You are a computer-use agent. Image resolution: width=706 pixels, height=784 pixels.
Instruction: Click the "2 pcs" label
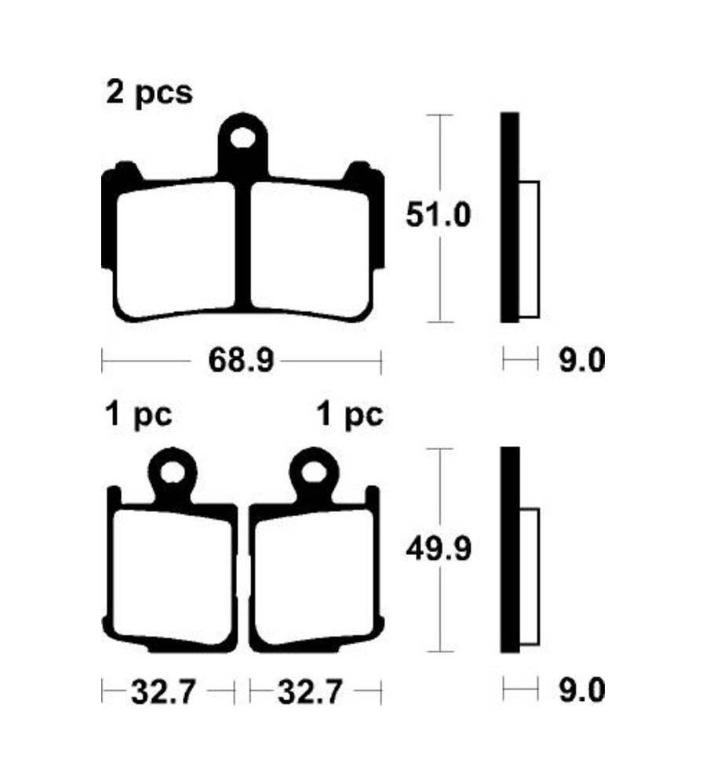149,93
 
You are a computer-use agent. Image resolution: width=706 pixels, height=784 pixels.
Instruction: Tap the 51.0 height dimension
439,215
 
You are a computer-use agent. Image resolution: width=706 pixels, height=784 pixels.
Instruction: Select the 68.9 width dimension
241,360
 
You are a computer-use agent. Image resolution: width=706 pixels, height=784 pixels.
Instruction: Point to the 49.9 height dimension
439,550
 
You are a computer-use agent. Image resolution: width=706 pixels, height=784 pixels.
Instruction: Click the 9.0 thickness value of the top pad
582,361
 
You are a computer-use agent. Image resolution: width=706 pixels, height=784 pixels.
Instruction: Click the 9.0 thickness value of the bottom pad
582,691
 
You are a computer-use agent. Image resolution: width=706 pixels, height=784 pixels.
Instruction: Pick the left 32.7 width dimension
163,692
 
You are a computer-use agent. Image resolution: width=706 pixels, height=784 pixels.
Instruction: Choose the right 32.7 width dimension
310,692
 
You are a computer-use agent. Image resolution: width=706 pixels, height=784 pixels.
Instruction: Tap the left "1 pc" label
139,416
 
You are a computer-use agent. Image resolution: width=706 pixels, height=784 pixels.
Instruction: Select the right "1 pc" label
351,416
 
